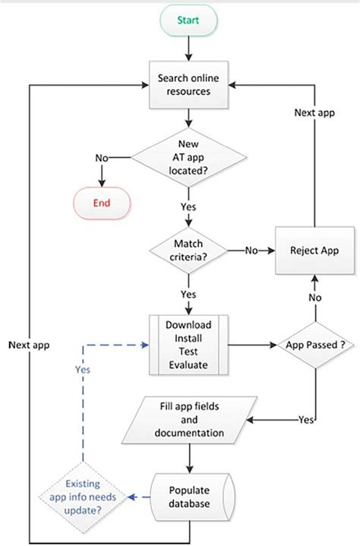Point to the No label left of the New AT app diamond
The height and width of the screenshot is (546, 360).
click(x=101, y=157)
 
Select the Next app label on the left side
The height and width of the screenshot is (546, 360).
click(x=30, y=343)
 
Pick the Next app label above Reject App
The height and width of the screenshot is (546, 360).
click(x=314, y=112)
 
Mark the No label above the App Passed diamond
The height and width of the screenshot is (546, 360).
click(x=314, y=299)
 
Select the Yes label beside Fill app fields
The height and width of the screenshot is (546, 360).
click(x=308, y=419)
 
